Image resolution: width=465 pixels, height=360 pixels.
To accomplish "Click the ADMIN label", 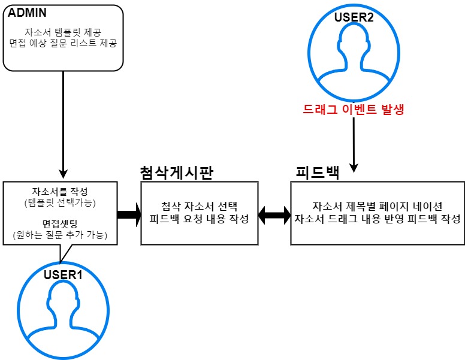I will [27, 11].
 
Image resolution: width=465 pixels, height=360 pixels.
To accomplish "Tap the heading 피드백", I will [318, 173].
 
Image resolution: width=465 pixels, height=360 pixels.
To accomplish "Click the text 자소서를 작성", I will [59, 192].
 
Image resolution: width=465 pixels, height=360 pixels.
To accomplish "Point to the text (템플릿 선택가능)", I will [59, 202].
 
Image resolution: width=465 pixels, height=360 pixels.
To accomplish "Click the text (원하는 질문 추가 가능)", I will [59, 235].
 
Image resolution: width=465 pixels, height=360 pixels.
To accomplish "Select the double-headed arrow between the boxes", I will [273, 214].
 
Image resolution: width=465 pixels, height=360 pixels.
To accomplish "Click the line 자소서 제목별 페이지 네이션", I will [378, 205].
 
